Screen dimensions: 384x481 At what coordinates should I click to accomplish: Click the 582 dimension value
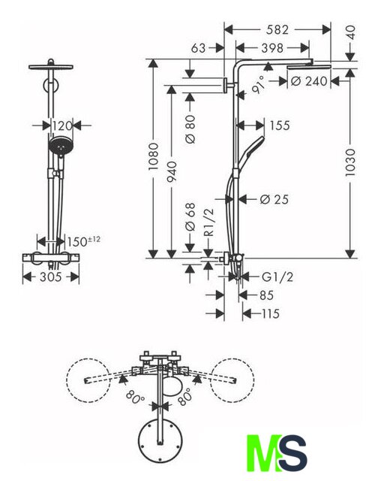coord(277,30)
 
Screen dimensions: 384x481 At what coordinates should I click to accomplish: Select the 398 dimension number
coord(272,48)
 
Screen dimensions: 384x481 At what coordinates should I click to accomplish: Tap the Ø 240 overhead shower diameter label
coord(309,81)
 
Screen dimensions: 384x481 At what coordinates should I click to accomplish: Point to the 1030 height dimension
coord(350,162)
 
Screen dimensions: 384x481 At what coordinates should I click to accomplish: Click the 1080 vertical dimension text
coord(153,156)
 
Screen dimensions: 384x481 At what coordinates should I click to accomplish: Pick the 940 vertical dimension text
coord(172,171)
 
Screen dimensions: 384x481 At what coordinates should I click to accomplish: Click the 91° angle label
coord(258,85)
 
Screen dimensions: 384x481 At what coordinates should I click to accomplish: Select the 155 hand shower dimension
coord(280,126)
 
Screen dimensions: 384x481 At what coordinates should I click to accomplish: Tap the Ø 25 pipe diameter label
coord(274,199)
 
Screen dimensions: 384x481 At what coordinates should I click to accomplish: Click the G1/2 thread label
coord(277,277)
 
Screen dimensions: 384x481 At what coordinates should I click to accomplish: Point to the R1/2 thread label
coord(208,222)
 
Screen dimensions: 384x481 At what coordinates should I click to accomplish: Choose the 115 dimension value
coord(271,314)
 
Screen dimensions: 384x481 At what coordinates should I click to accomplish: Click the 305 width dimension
coord(51,277)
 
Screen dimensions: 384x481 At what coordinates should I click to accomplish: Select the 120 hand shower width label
coord(61,126)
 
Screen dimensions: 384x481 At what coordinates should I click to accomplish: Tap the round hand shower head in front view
coord(61,145)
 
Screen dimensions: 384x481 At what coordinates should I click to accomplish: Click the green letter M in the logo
coord(265,452)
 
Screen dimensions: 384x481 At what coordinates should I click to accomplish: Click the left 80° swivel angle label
coord(135,397)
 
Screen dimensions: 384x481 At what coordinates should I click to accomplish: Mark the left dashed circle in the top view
coord(88,380)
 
